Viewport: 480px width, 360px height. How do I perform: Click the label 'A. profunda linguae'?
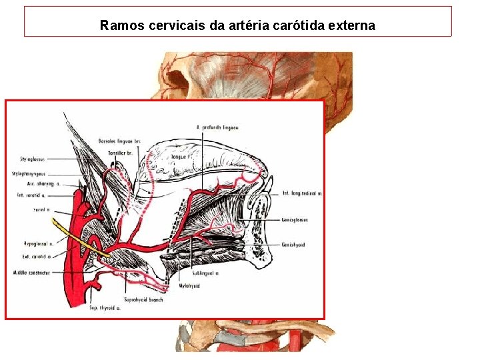[x=217, y=127]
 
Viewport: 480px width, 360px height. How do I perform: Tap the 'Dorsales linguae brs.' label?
[x=119, y=141]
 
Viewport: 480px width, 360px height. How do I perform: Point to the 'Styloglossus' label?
[x=32, y=159]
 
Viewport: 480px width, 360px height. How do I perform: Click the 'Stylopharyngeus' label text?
[x=29, y=174]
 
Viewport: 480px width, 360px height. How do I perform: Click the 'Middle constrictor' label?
[x=31, y=273]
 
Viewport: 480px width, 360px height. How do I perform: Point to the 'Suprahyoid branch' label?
[x=143, y=299]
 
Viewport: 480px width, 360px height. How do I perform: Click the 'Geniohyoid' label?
[x=294, y=245]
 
